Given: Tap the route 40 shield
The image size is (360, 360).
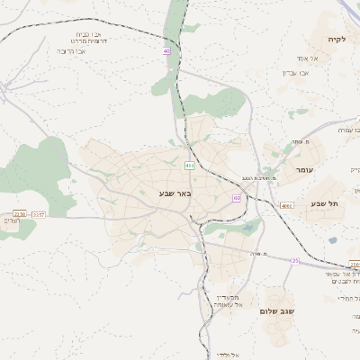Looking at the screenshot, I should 166,50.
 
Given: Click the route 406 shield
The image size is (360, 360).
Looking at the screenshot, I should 190,166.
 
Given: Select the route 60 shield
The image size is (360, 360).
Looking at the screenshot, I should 237,199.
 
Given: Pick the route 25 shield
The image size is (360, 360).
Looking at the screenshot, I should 294,260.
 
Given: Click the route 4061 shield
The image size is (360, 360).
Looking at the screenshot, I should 287,205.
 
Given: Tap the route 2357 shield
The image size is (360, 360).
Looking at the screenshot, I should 37,214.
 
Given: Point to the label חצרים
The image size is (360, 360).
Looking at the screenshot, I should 10,220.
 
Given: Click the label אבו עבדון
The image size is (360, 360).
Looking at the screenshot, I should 296,71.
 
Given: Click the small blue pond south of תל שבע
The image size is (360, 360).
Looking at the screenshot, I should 332,240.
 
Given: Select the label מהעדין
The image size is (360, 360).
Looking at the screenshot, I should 229,296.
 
